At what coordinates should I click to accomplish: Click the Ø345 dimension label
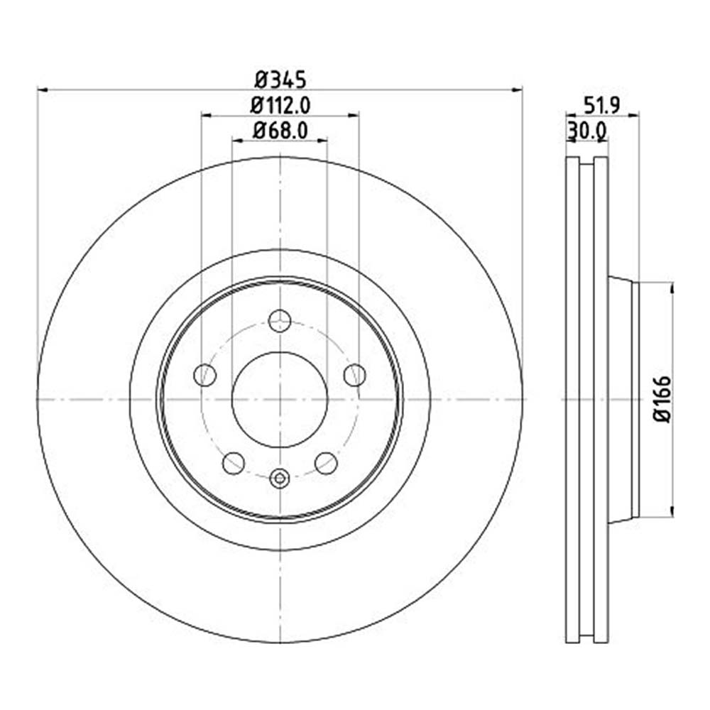click(x=280, y=77)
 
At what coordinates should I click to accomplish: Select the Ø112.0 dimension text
click(x=280, y=104)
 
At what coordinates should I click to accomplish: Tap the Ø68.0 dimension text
click(x=280, y=131)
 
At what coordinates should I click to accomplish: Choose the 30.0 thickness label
click(x=586, y=131)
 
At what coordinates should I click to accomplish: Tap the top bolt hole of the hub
click(x=280, y=320)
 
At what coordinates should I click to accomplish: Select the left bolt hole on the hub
click(x=204, y=375)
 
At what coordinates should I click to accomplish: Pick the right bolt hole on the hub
click(x=354, y=375)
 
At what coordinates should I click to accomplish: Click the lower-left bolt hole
click(x=234, y=464)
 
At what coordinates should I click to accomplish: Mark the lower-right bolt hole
click(x=326, y=464)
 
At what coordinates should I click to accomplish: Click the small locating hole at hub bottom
click(x=280, y=479)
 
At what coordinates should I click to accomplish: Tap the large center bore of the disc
click(x=280, y=399)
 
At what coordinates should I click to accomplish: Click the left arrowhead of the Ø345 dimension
click(x=41, y=89)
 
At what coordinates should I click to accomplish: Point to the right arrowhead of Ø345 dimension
click(x=518, y=89)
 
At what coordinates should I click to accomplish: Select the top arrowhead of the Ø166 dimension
click(x=672, y=285)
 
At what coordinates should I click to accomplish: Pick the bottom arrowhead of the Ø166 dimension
click(x=672, y=513)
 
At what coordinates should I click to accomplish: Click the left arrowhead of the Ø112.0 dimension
click(x=205, y=114)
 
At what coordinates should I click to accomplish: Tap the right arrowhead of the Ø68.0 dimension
click(x=324, y=141)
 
